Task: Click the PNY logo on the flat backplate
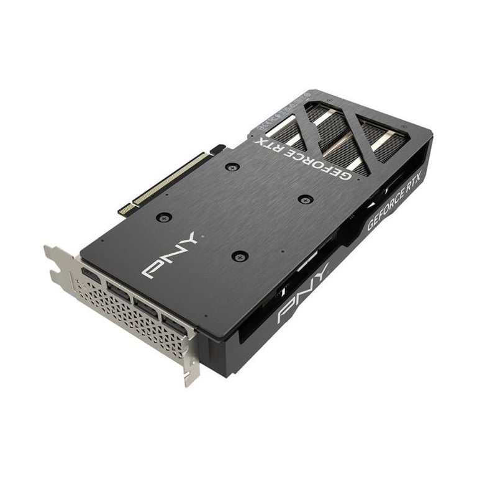(x=168, y=255)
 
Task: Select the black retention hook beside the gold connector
(x=217, y=150)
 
